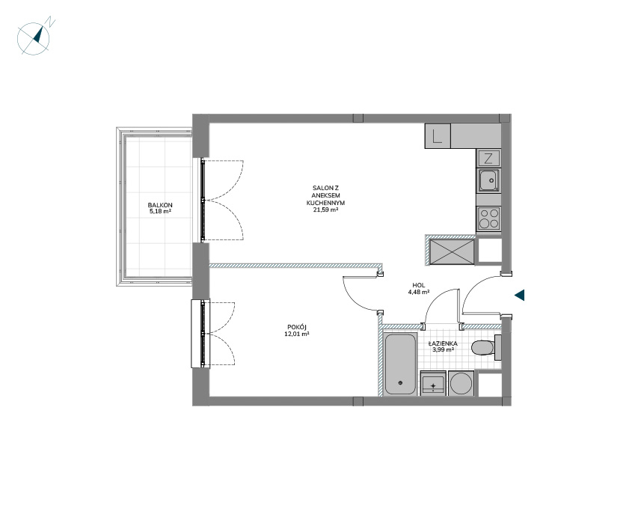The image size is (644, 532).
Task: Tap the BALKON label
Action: (160, 205)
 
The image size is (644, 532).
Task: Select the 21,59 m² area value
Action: (325, 210)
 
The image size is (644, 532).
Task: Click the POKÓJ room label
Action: (297, 327)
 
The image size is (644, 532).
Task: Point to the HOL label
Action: (419, 285)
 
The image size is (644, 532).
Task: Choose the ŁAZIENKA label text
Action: (443, 343)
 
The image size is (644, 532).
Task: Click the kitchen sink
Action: (488, 180)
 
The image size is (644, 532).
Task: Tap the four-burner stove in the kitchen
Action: (488, 218)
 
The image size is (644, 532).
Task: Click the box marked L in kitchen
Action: (438, 136)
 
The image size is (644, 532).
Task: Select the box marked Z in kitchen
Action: (488, 158)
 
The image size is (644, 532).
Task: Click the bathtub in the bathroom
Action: (400, 364)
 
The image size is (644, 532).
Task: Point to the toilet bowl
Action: (483, 347)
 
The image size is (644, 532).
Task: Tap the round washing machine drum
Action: (461, 383)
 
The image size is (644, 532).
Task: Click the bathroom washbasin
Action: (433, 383)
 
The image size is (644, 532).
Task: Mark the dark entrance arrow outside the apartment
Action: (520, 295)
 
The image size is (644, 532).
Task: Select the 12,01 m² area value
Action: (297, 334)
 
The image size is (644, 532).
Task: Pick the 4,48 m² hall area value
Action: (419, 292)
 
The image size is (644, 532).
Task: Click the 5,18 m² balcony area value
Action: (160, 212)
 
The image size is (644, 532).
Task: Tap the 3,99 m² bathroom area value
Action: (443, 350)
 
